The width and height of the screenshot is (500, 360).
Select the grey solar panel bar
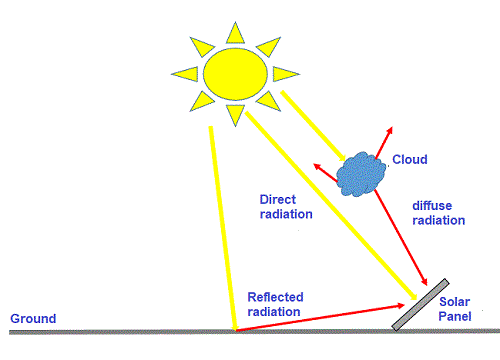(420, 305)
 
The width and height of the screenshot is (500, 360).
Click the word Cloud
(409, 160)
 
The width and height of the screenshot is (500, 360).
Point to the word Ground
(33, 319)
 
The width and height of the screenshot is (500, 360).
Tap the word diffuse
(433, 206)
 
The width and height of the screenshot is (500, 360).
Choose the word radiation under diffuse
(440, 221)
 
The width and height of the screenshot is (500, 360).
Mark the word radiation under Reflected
(275, 312)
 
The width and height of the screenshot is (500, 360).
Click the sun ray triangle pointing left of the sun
(184, 73)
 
